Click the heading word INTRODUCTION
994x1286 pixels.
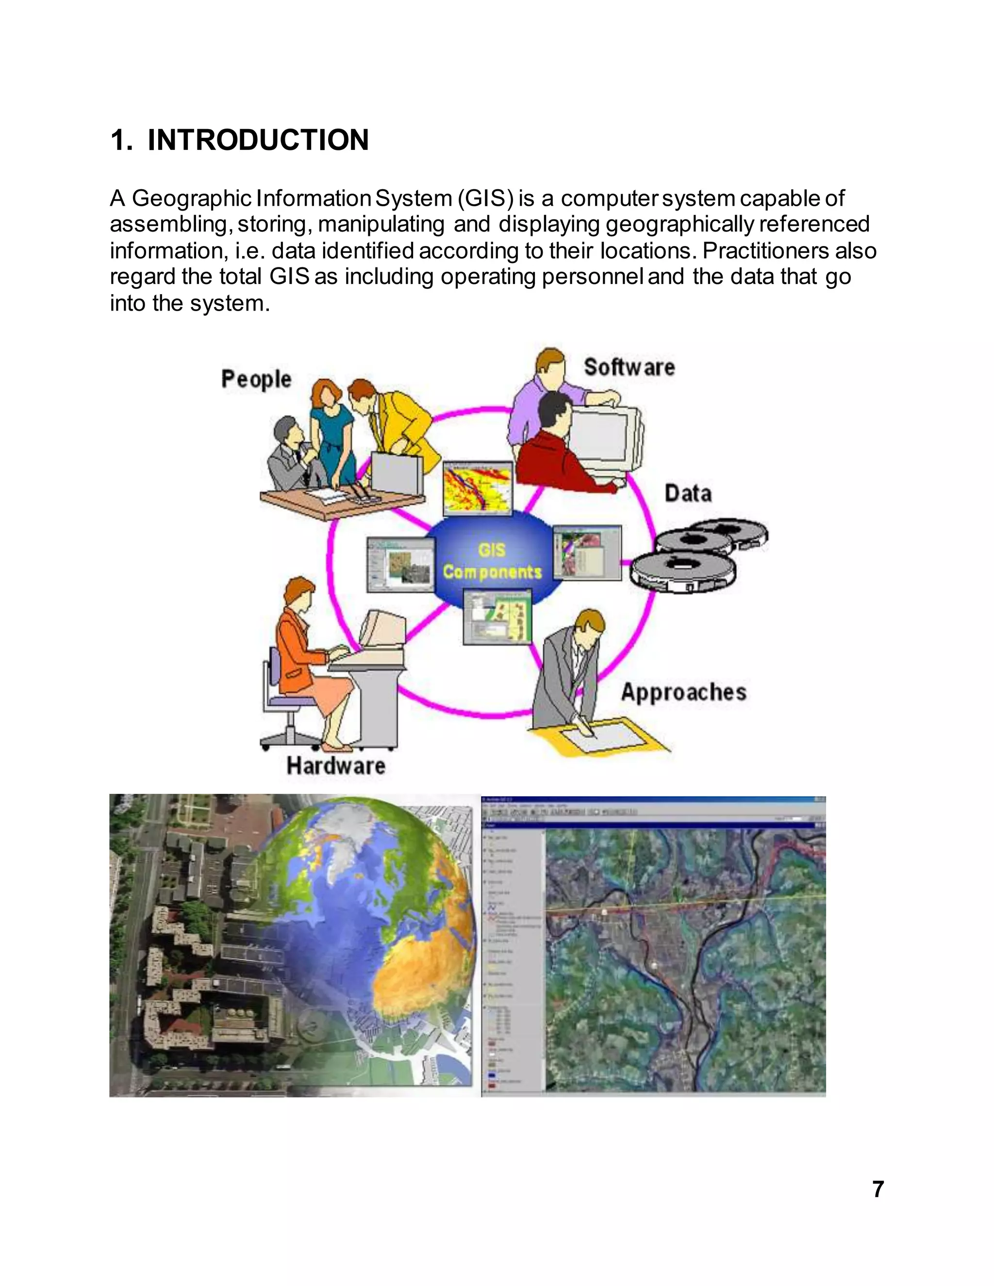point(258,140)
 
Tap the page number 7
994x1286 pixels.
point(878,1189)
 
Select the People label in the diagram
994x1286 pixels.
point(256,379)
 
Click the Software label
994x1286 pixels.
point(629,367)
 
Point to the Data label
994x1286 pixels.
point(688,493)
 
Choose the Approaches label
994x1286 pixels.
point(683,692)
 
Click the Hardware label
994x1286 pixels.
point(336,765)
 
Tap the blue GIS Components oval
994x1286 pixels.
point(492,560)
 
